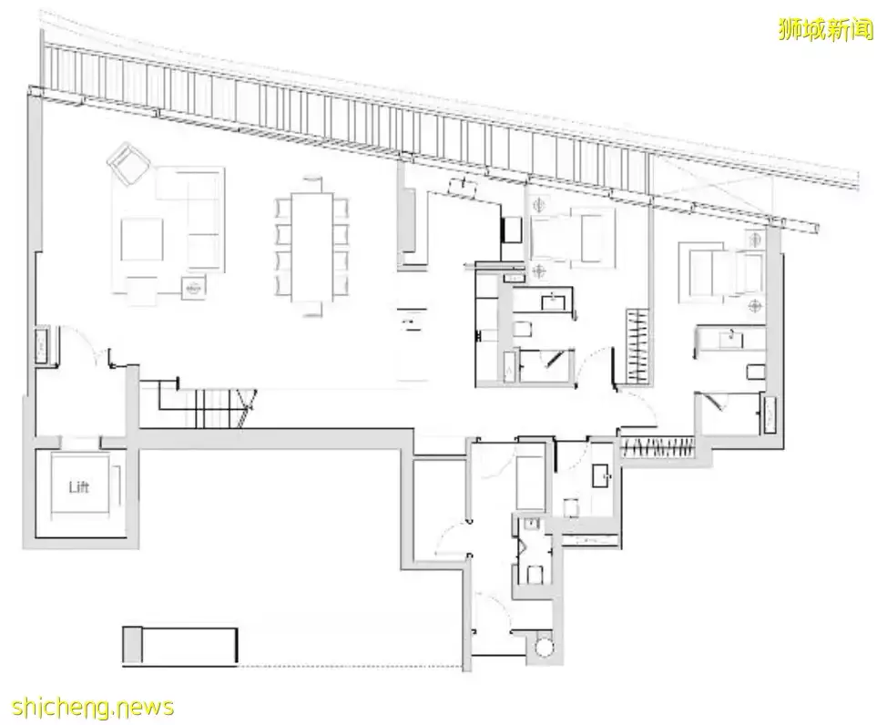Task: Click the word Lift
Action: point(78,486)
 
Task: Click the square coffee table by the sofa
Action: point(141,240)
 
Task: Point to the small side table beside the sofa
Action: point(193,288)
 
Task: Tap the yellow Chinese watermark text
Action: point(826,28)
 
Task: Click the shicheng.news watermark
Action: point(92,707)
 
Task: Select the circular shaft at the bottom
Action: point(543,647)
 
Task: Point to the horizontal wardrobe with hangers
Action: point(658,449)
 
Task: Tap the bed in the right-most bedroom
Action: point(719,271)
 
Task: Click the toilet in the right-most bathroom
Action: point(756,372)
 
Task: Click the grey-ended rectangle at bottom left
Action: point(180,644)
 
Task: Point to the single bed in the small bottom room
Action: point(530,483)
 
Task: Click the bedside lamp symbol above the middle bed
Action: point(540,204)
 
